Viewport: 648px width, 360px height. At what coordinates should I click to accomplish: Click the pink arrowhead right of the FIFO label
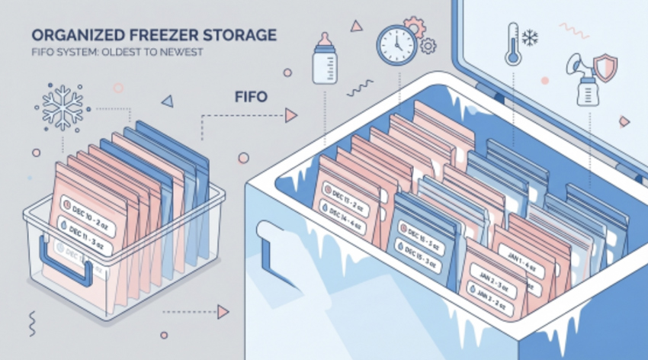point(290,116)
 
